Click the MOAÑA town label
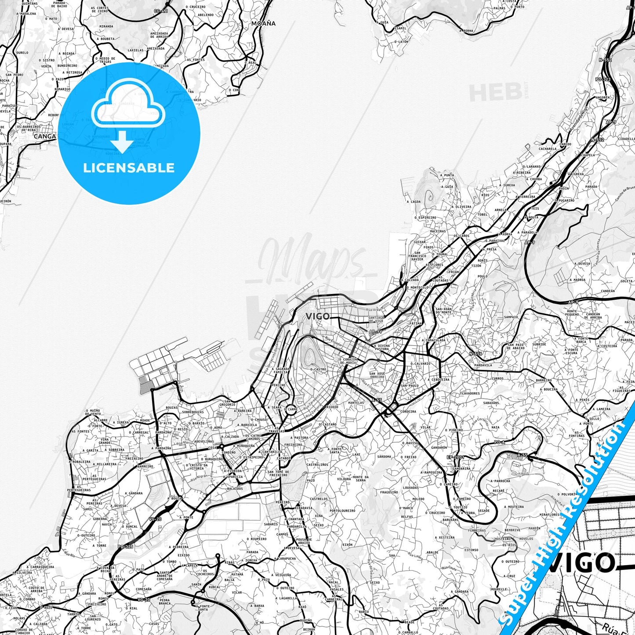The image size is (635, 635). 264,23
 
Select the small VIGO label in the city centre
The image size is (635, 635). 317,316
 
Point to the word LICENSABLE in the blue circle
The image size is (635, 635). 129,168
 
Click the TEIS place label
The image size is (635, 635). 535,209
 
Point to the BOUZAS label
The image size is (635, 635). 172,407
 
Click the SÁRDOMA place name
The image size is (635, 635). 384,457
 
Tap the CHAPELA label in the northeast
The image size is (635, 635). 588,155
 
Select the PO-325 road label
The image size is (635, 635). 125,547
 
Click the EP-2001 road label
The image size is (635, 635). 455,457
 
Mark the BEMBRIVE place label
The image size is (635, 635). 512,530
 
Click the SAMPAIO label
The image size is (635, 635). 511,317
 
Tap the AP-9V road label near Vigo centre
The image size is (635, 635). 376,332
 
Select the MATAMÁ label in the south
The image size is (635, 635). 237,574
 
